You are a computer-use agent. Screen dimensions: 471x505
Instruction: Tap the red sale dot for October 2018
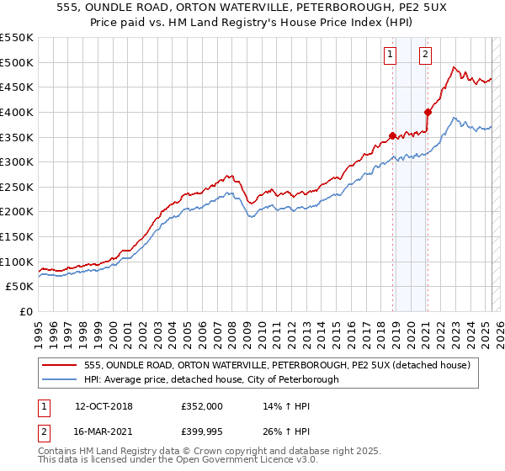(x=392, y=135)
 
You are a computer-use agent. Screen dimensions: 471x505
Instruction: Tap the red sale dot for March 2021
(x=428, y=112)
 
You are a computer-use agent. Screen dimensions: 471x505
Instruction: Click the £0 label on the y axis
(x=25, y=311)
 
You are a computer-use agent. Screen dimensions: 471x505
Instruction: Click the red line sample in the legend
(x=61, y=365)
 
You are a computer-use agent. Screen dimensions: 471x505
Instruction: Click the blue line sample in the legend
(x=61, y=379)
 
